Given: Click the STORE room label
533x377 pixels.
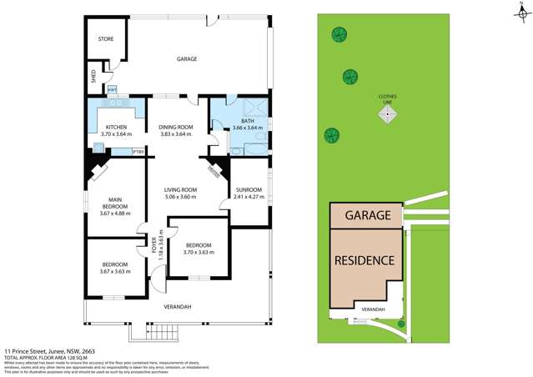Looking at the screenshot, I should coord(105,39).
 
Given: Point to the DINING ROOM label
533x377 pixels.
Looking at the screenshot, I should coord(176,130).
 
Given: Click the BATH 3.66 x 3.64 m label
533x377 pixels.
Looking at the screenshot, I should coord(248,125).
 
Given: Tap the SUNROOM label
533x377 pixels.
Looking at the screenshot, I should coord(249,194).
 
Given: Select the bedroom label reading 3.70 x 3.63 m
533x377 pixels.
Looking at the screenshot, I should coord(197,248).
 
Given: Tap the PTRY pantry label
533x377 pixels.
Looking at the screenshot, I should coord(138,151).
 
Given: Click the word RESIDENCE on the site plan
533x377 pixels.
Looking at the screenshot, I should coord(364,259).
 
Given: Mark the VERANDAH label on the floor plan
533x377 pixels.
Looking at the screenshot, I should coord(177,307).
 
